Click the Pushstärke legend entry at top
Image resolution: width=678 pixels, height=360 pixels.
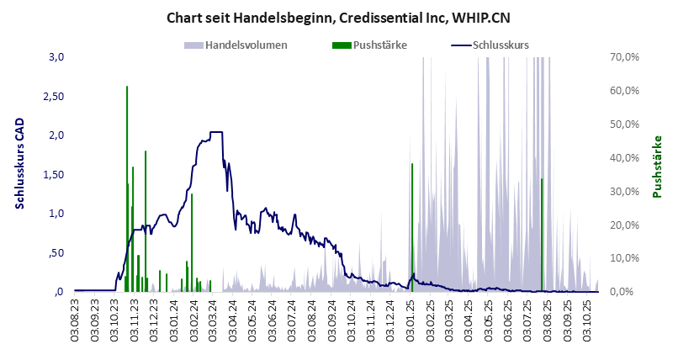(371, 45)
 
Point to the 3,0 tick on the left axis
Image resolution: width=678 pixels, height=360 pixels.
(56, 57)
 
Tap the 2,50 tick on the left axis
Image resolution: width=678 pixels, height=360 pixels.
(55, 96)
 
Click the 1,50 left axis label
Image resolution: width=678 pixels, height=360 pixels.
(55, 174)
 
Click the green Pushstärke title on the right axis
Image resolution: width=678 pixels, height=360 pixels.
(658, 167)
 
